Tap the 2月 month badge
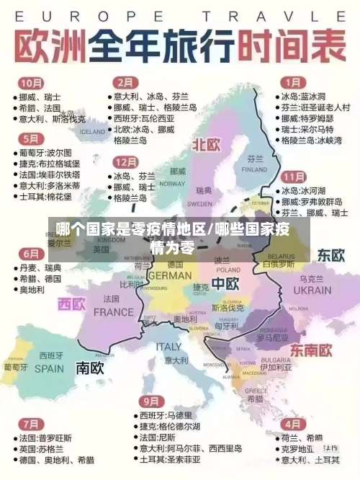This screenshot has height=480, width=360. (x=127, y=82)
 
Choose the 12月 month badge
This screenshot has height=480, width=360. (x=126, y=161)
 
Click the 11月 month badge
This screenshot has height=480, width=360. (x=293, y=177)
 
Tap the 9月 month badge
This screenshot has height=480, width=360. (x=150, y=401)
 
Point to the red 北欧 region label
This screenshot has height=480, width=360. (x=205, y=144)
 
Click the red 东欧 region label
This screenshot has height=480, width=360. (x=332, y=255)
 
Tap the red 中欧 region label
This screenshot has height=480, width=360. (x=225, y=283)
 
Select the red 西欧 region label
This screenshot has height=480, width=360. (x=71, y=304)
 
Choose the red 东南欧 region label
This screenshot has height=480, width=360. (x=310, y=350)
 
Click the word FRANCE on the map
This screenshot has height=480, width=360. (x=114, y=312)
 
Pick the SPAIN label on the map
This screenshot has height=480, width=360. (x=50, y=368)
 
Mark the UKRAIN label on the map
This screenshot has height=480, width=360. (x=313, y=290)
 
